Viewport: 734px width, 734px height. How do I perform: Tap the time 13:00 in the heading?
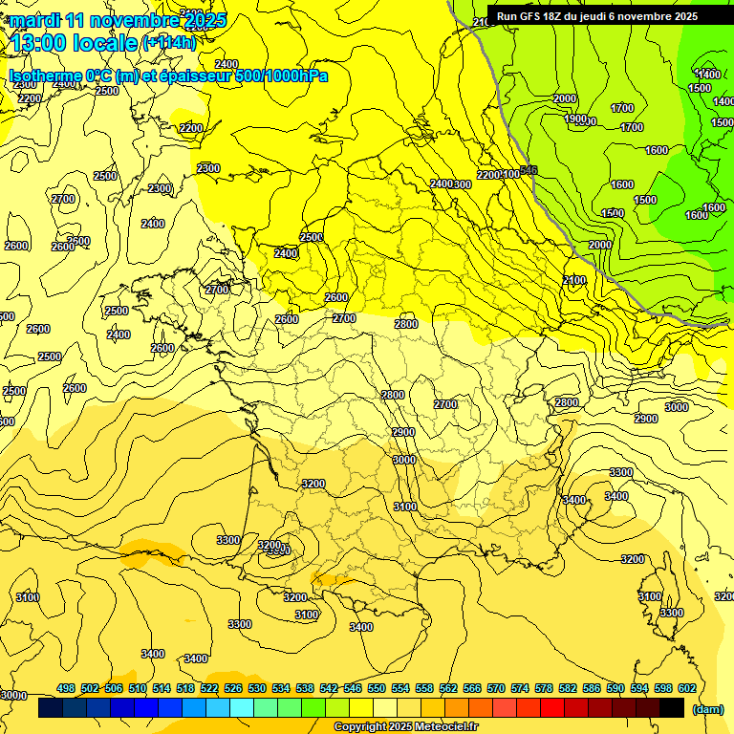point(42,42)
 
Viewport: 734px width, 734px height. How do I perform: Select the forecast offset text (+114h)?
point(169,42)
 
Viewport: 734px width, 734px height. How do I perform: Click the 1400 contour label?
point(708,75)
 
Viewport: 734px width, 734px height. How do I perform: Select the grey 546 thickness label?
point(529,169)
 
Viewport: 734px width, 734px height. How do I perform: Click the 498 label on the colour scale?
point(66,688)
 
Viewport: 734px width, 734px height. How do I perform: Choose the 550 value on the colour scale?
point(377,688)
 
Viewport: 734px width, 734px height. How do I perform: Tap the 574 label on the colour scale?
point(520,688)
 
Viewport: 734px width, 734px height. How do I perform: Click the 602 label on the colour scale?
point(687,688)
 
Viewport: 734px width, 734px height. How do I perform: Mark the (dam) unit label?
point(708,709)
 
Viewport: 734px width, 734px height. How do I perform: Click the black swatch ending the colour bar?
point(672,707)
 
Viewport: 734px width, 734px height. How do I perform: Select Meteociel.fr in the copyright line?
point(445,727)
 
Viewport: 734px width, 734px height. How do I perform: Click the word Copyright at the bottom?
point(360,727)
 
